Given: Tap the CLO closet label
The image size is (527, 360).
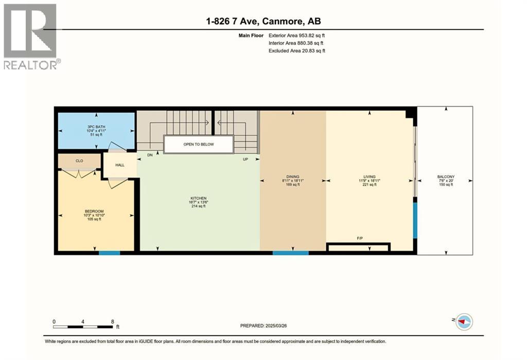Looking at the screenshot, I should click(79, 161).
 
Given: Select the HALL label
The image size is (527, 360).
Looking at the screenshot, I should click(120, 165).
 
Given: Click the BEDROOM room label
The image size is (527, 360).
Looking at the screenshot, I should click(94, 211).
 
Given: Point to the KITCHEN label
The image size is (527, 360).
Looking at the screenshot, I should click(198, 198).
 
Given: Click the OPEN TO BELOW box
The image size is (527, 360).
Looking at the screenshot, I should click(199, 144).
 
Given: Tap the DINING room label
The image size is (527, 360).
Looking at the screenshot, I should click(293, 177).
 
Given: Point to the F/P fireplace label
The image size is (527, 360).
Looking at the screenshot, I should click(360, 238).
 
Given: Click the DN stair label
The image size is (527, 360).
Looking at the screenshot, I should click(150, 155).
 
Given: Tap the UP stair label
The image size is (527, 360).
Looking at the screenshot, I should click(246, 159).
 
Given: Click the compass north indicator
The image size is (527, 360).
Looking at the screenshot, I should click(464, 321).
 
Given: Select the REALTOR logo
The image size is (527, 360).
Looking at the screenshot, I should click(31, 36).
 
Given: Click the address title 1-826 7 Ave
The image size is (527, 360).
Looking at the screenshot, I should click(263, 21).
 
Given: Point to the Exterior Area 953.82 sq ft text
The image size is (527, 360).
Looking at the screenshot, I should click(296, 36).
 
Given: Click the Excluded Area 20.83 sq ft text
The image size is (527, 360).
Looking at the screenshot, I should click(296, 51).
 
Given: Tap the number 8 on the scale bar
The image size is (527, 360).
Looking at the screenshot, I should click(112, 321).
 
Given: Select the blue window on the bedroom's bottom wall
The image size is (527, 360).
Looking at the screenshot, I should click(109, 253).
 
